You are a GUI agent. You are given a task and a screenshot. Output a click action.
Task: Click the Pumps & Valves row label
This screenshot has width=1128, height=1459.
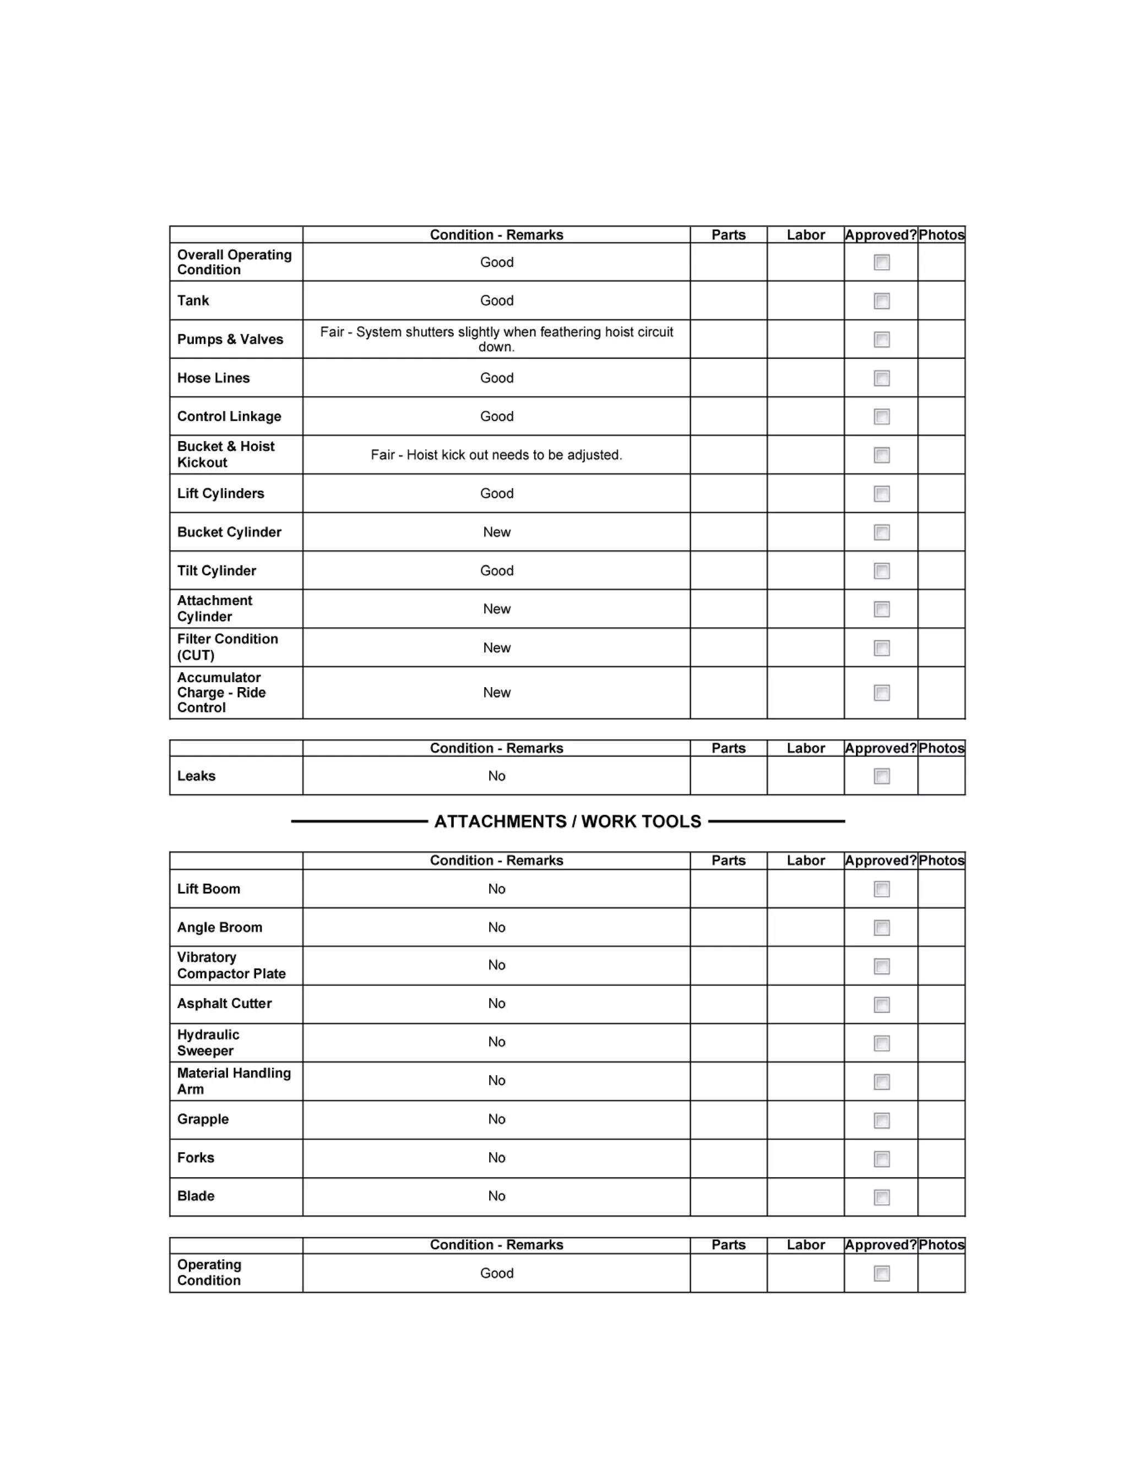(230, 339)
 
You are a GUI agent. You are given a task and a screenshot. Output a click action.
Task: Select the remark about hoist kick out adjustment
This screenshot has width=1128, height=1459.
(496, 455)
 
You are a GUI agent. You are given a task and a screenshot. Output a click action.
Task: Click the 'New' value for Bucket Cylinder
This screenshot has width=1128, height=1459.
(496, 532)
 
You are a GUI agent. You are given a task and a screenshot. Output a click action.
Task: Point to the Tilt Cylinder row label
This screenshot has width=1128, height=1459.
(216, 571)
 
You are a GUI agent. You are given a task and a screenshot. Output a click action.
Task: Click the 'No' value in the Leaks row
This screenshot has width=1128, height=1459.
(496, 776)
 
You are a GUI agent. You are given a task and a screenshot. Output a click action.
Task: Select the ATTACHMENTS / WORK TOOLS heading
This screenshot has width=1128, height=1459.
(567, 821)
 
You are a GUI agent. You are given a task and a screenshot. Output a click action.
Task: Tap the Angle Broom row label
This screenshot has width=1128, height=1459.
(219, 928)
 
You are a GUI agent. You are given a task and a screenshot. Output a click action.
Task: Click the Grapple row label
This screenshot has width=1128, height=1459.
(203, 1120)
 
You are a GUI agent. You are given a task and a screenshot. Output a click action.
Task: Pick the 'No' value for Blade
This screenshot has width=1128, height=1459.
(496, 1196)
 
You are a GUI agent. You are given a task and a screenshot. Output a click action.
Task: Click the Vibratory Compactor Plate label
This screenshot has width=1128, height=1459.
(231, 966)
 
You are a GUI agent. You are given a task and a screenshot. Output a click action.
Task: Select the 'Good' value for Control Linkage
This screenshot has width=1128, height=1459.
(496, 417)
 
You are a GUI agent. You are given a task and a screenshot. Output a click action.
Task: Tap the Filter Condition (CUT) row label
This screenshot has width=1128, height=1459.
(227, 647)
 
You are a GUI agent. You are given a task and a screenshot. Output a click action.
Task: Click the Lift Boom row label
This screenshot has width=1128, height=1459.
(209, 889)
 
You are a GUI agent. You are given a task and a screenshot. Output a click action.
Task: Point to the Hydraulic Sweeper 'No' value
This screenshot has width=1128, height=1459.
(496, 1043)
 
